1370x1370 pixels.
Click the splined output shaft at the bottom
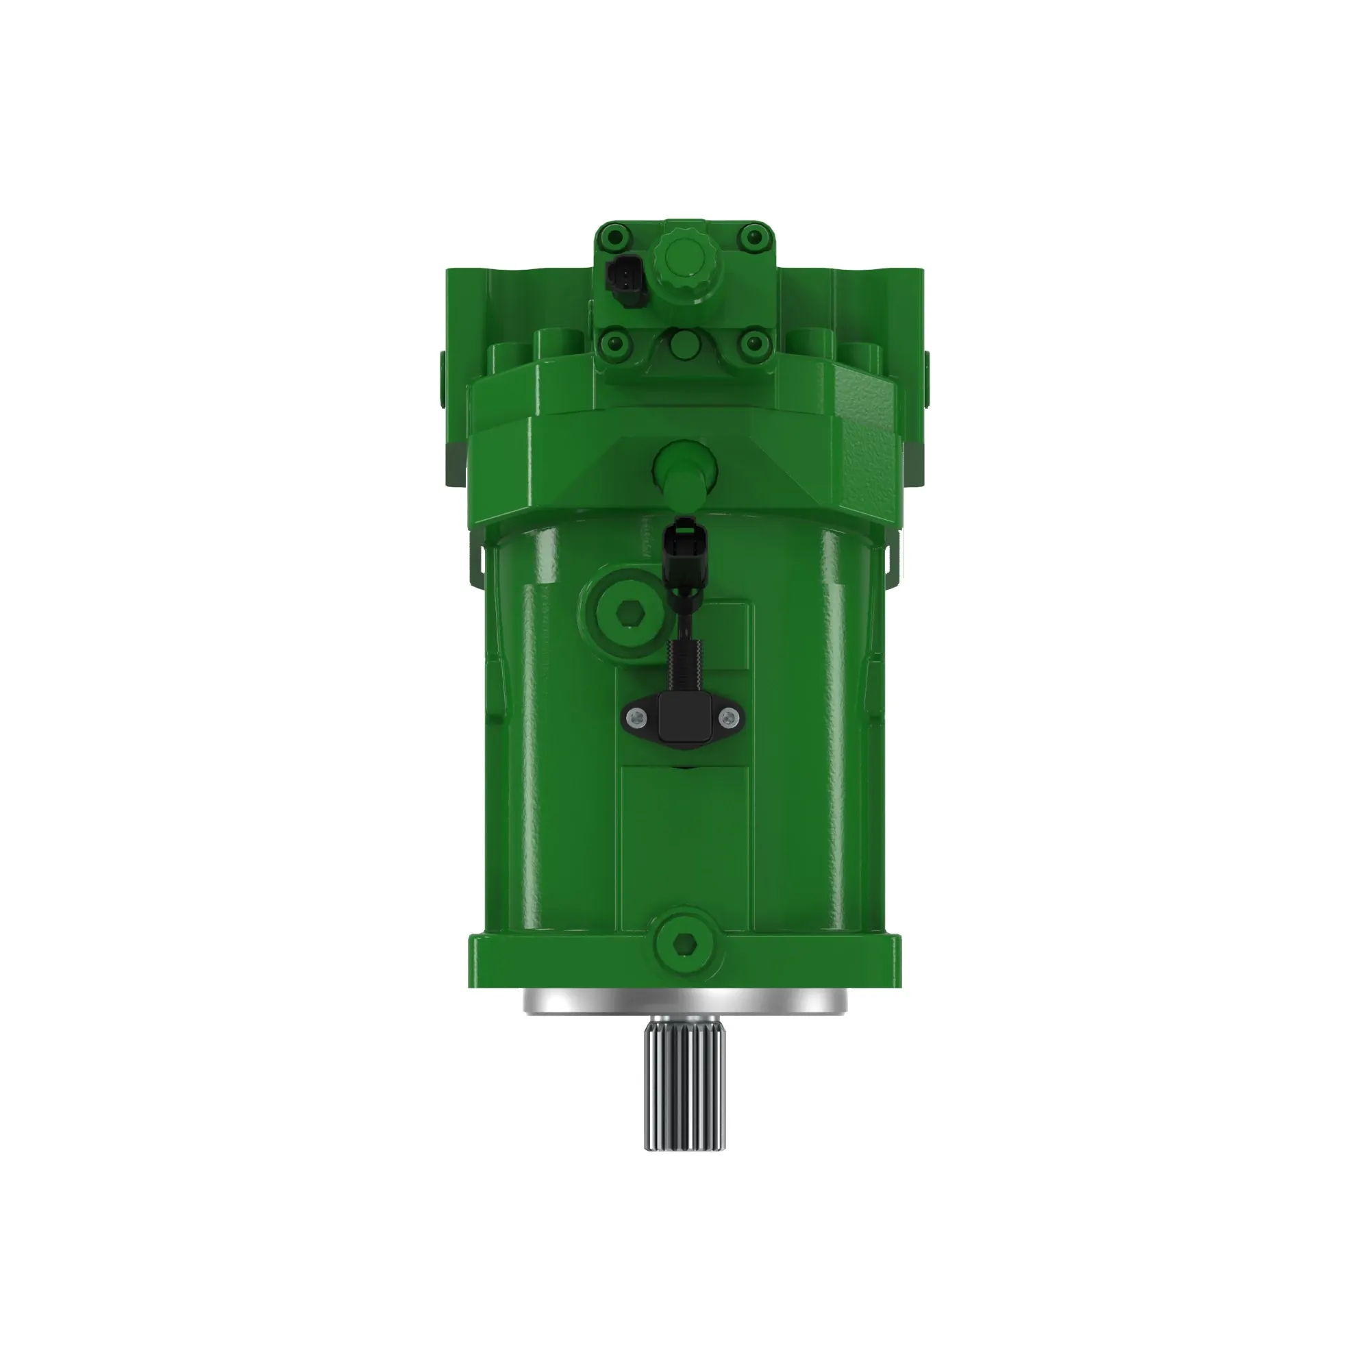click(x=684, y=1088)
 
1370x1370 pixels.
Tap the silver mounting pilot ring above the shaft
click(x=684, y=1001)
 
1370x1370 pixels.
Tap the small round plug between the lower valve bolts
click(x=683, y=345)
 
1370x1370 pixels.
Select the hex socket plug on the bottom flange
click(x=684, y=943)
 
